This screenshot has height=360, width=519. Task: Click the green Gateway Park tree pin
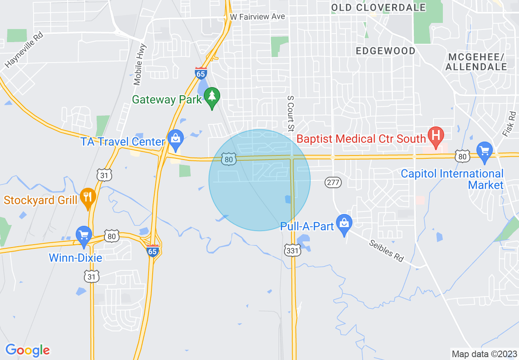pyautogui.click(x=212, y=97)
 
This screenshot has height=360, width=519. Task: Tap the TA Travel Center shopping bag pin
pyautogui.click(x=176, y=139)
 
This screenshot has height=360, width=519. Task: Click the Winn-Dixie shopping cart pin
pyautogui.click(x=84, y=236)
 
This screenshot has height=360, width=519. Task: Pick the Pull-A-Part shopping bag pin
pyautogui.click(x=344, y=224)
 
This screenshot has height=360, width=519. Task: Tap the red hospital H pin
pyautogui.click(x=436, y=136)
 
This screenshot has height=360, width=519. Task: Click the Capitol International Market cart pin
pyautogui.click(x=485, y=150)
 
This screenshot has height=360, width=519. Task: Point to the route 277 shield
pyautogui.click(x=333, y=182)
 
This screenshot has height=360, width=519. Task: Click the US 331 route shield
pyautogui.click(x=293, y=250)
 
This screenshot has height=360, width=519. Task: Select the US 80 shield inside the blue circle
pyautogui.click(x=228, y=159)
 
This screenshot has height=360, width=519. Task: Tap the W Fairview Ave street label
pyautogui.click(x=257, y=17)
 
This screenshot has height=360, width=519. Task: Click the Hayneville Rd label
pyautogui.click(x=24, y=50)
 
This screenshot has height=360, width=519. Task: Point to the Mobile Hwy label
pyautogui.click(x=140, y=64)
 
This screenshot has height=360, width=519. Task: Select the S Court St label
pyautogui.click(x=290, y=113)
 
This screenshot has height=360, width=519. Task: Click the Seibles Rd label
pyautogui.click(x=386, y=250)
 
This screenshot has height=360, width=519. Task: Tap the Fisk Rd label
pyautogui.click(x=509, y=124)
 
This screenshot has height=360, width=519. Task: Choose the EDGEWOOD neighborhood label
pyautogui.click(x=386, y=51)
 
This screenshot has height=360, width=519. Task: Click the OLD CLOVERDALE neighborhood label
pyautogui.click(x=378, y=7)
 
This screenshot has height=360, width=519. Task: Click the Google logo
pyautogui.click(x=28, y=350)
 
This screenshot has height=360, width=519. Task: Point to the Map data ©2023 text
pyautogui.click(x=483, y=354)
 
